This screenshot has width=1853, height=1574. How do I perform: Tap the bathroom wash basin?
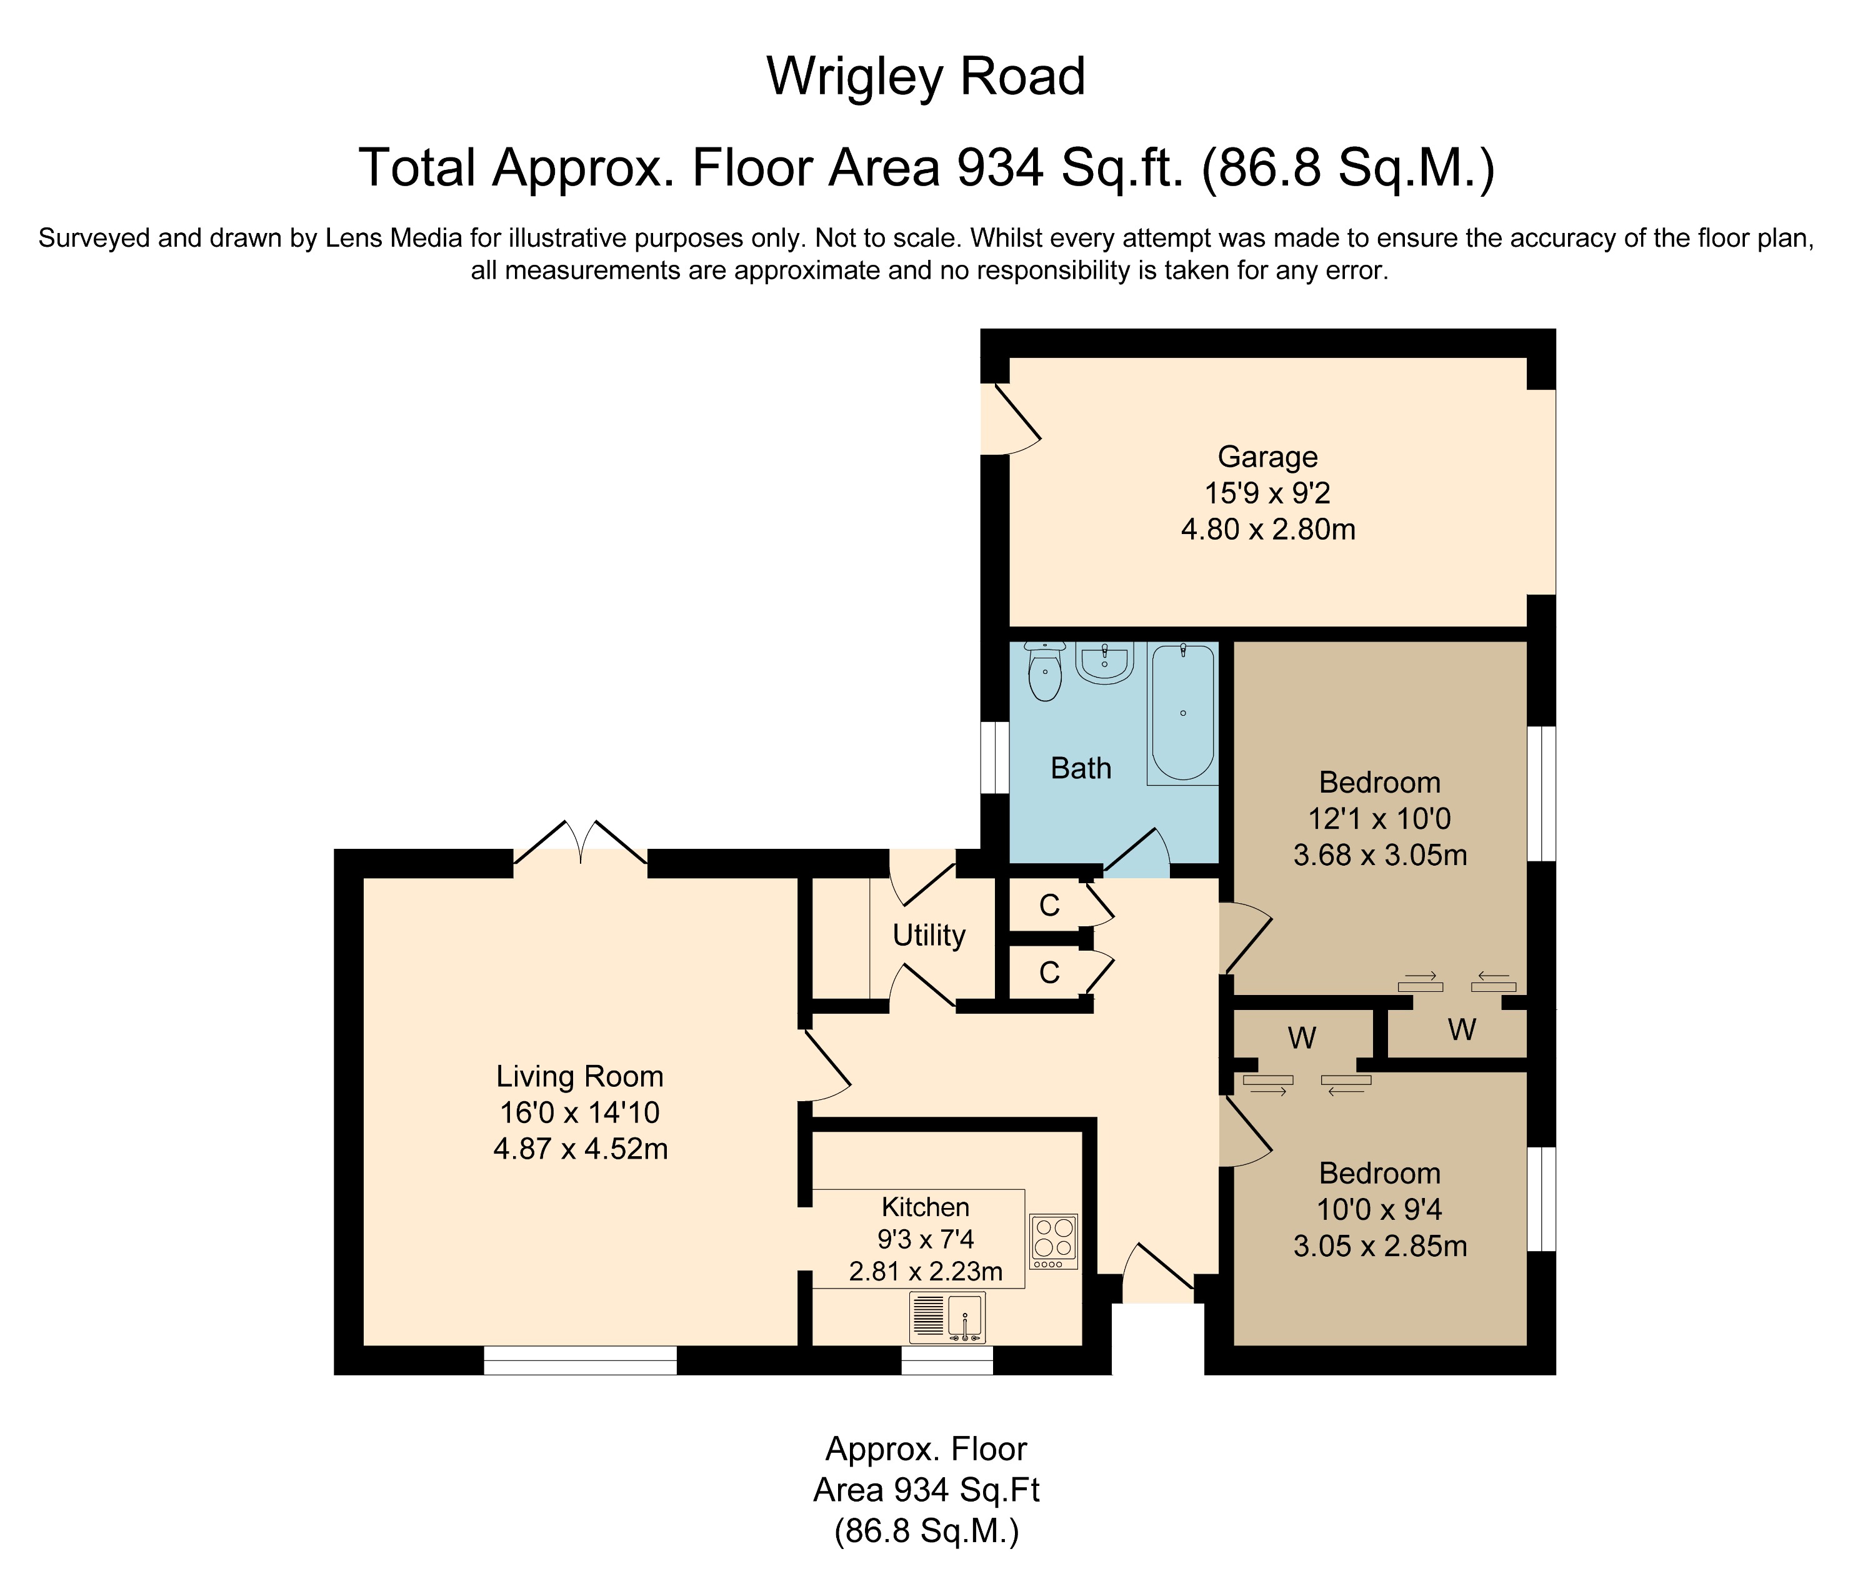(1105, 663)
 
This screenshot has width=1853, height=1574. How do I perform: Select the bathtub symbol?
(1182, 711)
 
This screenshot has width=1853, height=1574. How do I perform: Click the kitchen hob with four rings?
(1053, 1240)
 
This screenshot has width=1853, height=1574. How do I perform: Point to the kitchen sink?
(947, 1317)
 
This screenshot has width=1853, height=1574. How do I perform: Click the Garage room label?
(1267, 457)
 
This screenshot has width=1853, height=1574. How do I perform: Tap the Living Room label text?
(579, 1076)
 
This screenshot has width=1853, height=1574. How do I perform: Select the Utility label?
(928, 935)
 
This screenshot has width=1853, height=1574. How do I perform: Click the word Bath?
(1080, 768)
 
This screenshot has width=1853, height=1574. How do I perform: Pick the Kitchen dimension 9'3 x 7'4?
(925, 1239)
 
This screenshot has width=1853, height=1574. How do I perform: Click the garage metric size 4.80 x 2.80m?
(1267, 530)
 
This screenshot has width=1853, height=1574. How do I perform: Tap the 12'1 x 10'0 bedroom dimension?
(1379, 818)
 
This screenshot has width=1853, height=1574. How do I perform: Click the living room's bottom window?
(580, 1360)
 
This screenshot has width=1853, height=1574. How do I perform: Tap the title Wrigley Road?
(926, 77)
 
